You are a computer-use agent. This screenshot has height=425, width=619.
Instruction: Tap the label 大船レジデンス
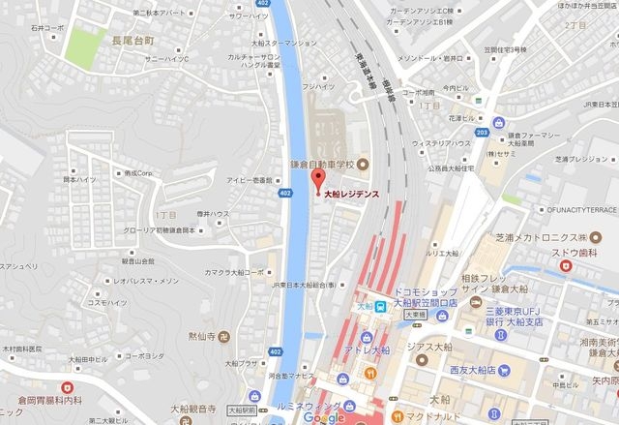click(350, 194)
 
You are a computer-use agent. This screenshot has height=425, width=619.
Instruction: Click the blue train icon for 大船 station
click(381, 307)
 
